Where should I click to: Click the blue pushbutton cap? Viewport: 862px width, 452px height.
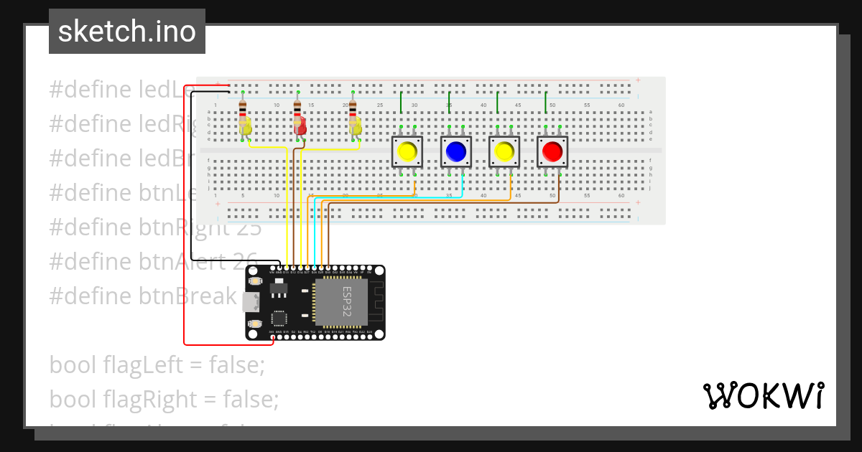pos(455,151)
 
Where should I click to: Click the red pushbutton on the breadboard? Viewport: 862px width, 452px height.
pos(552,151)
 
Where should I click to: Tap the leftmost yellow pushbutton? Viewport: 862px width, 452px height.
pos(407,151)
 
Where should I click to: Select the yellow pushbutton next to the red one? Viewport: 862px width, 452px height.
pos(504,151)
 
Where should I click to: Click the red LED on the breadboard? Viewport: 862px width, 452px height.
pos(300,128)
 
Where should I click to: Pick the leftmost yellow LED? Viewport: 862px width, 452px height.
pos(246,128)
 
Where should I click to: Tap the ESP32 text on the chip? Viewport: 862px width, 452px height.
pos(347,302)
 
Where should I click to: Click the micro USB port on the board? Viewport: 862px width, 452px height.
pos(249,302)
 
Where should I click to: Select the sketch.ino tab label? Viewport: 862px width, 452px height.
pos(127,32)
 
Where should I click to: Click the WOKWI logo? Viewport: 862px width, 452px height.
pos(763,395)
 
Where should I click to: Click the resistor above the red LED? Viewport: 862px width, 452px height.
pos(297,108)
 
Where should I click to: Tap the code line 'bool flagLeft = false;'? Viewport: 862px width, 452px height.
pos(157,364)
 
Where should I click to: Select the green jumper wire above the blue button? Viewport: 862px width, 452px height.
pos(449,102)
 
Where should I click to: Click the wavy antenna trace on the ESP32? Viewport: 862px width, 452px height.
pos(376,302)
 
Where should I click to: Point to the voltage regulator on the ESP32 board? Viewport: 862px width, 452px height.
pos(279,288)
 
